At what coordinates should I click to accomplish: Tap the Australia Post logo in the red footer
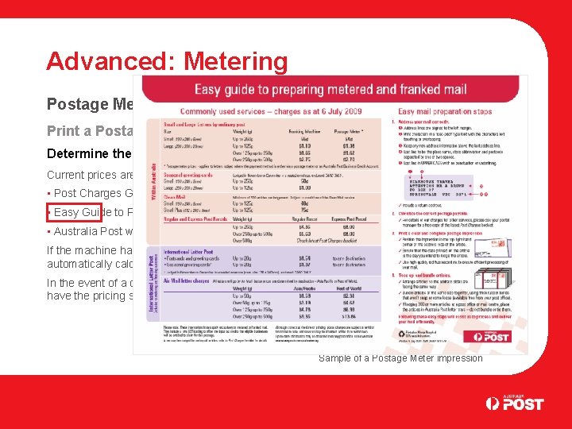point(515,403)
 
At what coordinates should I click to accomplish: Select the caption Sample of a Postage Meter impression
point(400,357)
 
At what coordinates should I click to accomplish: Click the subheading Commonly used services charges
point(270,113)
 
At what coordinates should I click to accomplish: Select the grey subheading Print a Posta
point(94,131)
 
